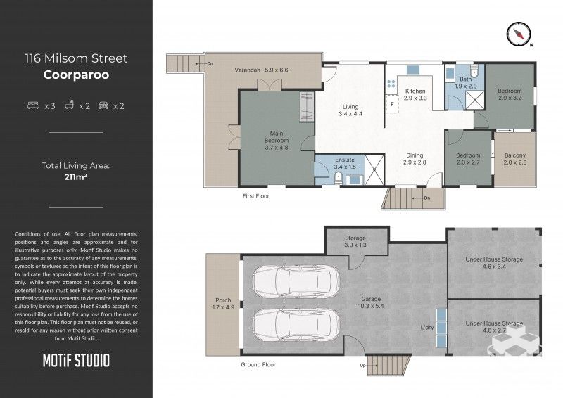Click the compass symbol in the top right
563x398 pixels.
pyautogui.click(x=519, y=33)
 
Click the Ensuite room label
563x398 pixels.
pyautogui.click(x=345, y=163)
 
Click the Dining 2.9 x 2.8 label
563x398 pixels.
pyautogui.click(x=415, y=159)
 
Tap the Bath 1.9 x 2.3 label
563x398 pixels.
pyautogui.click(x=466, y=83)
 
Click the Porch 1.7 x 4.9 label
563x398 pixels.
pyautogui.click(x=222, y=304)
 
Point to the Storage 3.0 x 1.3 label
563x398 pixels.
pyautogui.click(x=355, y=242)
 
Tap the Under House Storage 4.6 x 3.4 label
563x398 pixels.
pyautogui.click(x=493, y=263)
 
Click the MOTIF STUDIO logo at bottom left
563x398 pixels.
pyautogui.click(x=76, y=361)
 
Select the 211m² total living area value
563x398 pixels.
pyautogui.click(x=76, y=178)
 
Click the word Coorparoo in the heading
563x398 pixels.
pyautogui.click(x=76, y=74)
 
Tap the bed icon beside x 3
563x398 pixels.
pyautogui.click(x=32, y=106)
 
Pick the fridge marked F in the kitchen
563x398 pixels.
pyautogui.click(x=391, y=104)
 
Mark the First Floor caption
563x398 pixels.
pyautogui.click(x=255, y=196)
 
